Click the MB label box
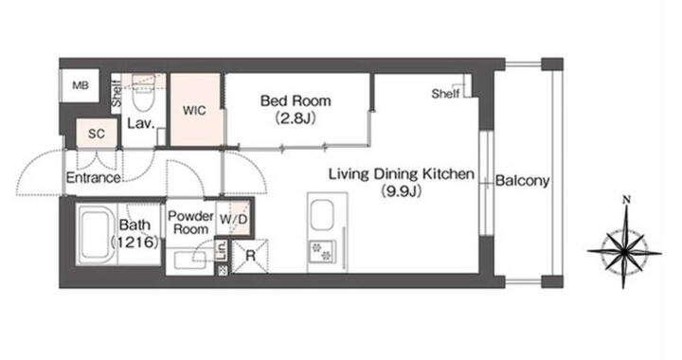(x=80, y=85)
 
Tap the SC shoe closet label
(x=97, y=134)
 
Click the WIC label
(x=194, y=111)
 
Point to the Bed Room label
(x=296, y=100)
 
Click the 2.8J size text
(x=296, y=117)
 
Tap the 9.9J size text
(x=402, y=191)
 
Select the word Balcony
(x=522, y=180)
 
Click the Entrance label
(x=93, y=177)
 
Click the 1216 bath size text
(x=135, y=243)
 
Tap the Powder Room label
(x=190, y=223)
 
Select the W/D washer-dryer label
(x=233, y=220)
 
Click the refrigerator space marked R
(x=250, y=257)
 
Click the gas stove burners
(x=322, y=251)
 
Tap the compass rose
(x=624, y=251)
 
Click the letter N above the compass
(x=626, y=200)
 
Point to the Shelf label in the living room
(x=445, y=93)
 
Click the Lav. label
(x=141, y=123)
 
